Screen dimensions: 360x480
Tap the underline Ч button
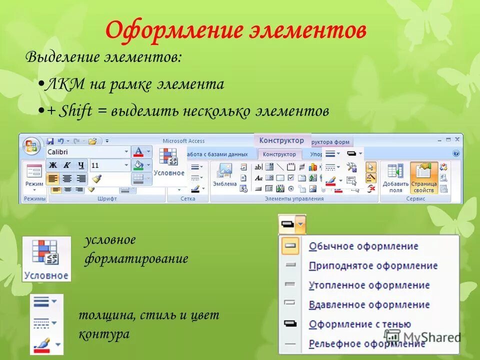(x=81, y=165)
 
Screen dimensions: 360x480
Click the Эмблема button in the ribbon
(x=224, y=176)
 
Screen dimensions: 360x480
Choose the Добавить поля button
(x=395, y=177)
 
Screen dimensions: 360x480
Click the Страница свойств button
(x=423, y=177)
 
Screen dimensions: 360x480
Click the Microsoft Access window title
(x=183, y=141)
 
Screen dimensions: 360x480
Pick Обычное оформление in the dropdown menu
(x=363, y=246)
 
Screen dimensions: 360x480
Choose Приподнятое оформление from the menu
(x=373, y=265)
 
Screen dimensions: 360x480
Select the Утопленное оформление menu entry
(x=369, y=285)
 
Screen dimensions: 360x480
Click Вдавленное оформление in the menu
(x=369, y=304)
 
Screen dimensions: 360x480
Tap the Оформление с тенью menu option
(x=360, y=324)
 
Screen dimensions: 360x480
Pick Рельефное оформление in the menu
(x=367, y=343)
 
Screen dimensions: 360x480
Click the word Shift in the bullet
(x=75, y=111)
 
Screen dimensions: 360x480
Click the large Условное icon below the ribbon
(x=46, y=259)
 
